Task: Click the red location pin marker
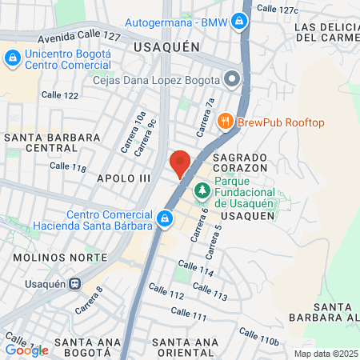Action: [x=181, y=163]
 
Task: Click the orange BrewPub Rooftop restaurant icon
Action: [x=225, y=122]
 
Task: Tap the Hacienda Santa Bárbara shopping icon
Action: [x=164, y=218]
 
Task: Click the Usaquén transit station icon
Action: [x=74, y=282]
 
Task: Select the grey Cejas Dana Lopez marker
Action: [x=231, y=78]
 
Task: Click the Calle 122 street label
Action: [x=61, y=95]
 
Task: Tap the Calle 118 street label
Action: [x=67, y=166]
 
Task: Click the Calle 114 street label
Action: [x=195, y=269]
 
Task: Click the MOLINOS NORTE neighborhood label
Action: [x=60, y=257]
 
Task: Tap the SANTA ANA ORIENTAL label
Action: [x=185, y=348]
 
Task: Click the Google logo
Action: [x=26, y=350]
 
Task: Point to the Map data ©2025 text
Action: [x=326, y=353]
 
